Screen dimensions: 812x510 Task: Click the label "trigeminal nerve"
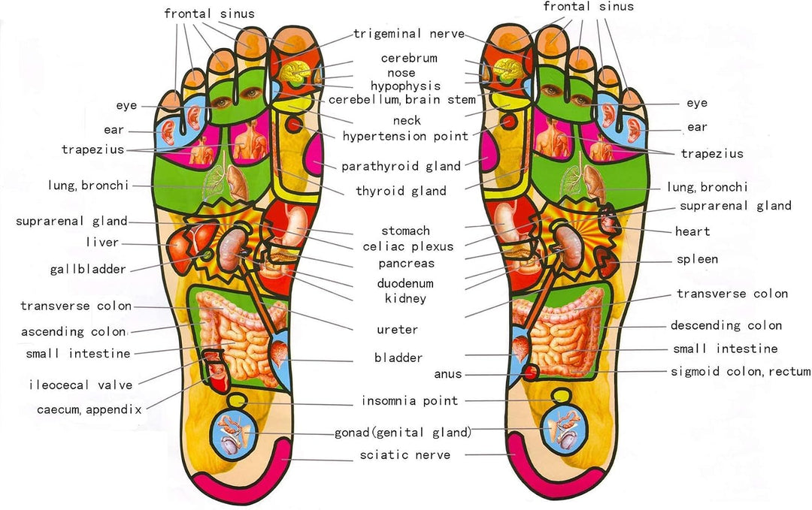[409, 34]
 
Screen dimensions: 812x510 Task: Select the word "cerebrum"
[409, 58]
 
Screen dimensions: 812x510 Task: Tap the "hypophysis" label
[405, 86]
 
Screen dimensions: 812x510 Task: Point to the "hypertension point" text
[405, 136]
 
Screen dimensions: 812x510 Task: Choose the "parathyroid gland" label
[401, 166]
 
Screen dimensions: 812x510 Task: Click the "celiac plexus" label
[408, 246]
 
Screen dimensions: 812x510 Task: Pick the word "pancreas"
[407, 264]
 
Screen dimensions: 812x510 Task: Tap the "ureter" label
[397, 330]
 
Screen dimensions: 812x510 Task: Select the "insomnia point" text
[410, 400]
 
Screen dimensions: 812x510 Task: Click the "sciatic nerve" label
[405, 454]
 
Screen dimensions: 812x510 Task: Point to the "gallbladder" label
[88, 269]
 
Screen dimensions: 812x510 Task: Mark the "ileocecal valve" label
[80, 385]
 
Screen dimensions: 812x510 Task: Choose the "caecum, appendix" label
[89, 409]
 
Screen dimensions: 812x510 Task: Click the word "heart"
[692, 231]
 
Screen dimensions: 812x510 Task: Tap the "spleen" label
[698, 259]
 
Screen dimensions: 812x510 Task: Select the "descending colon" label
[726, 325]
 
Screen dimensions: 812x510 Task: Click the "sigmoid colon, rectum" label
[741, 371]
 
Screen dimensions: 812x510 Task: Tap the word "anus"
[448, 374]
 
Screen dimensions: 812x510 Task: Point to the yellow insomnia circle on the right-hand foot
[561, 396]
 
